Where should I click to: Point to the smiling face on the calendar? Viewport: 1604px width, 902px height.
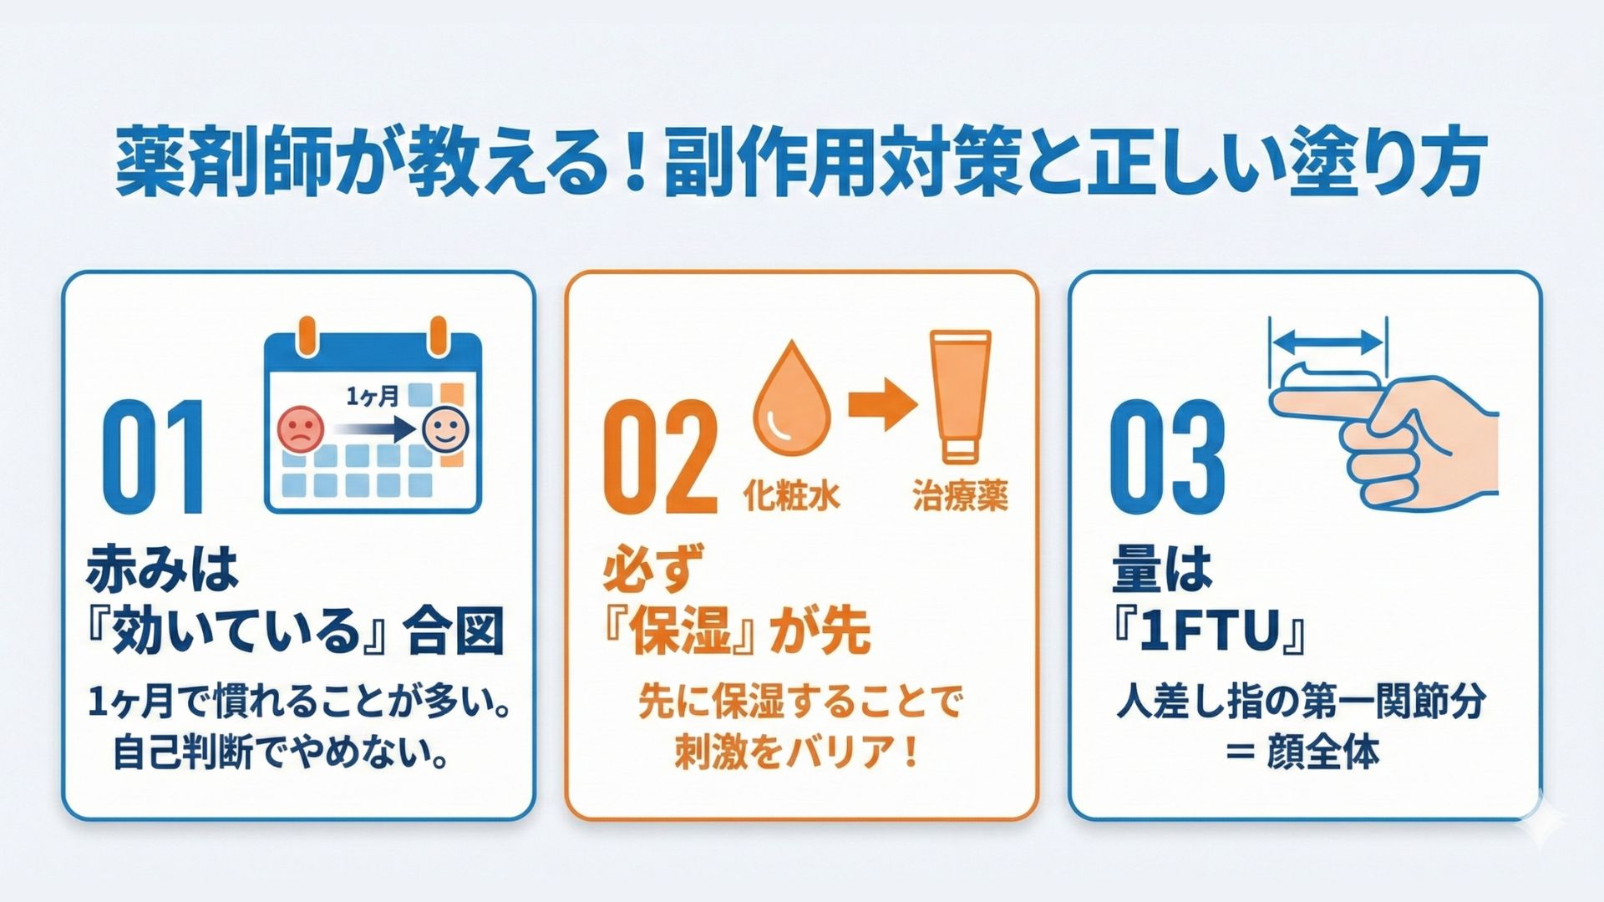coord(445,429)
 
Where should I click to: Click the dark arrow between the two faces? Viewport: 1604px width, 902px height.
coord(372,430)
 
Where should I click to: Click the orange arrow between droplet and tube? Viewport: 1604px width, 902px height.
coord(882,404)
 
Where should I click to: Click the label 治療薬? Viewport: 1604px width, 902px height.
coord(960,496)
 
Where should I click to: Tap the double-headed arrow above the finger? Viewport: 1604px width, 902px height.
coord(1327,341)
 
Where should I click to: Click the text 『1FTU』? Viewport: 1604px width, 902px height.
coord(1209,632)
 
